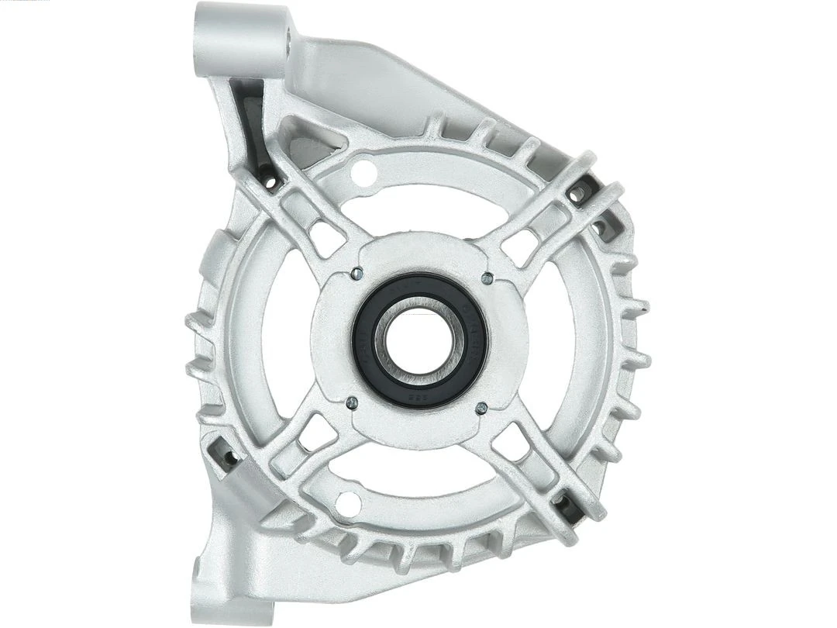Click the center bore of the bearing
[x=419, y=340]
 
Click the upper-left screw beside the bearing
[x=355, y=273]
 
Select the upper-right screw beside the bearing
[x=487, y=277]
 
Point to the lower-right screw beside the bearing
[x=481, y=407]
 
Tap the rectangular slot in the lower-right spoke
[x=512, y=441]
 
